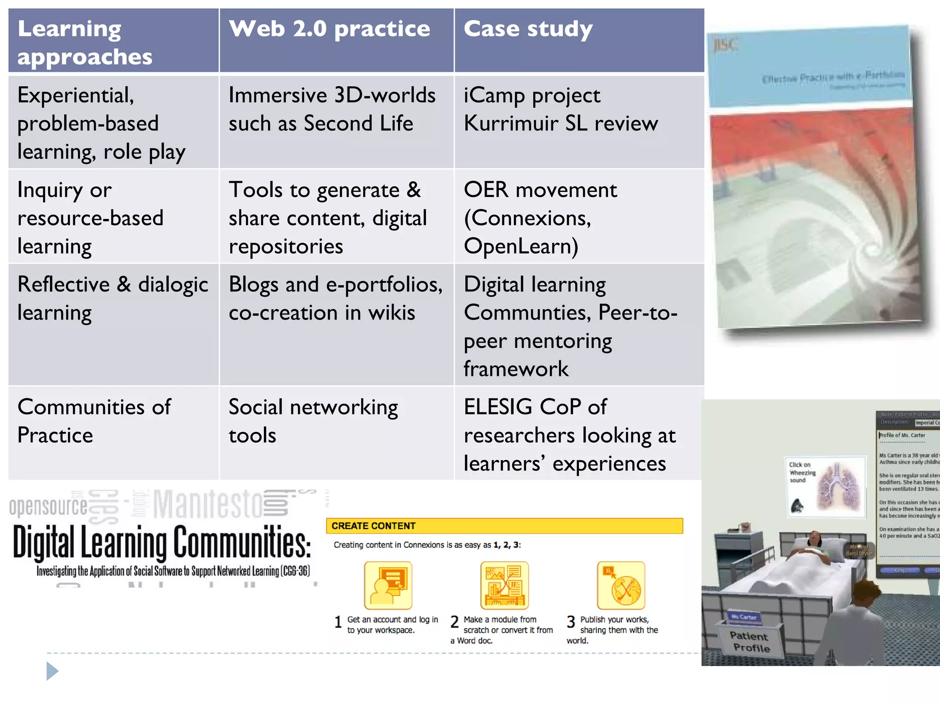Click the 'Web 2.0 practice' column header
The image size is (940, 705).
coord(330,29)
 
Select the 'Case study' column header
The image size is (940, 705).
coord(528,29)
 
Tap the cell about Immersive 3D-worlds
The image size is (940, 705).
coord(332,109)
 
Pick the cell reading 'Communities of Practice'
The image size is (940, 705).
coord(94,421)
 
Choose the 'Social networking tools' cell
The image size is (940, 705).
coord(313,421)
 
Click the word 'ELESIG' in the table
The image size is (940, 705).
coord(498,407)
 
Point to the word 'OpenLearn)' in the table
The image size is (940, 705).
coord(521,246)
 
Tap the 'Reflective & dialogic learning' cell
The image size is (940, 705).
coord(112,298)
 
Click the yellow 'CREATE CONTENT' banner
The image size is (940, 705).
coord(504,526)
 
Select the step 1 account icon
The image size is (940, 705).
coord(388,585)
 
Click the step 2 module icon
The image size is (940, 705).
coord(504,585)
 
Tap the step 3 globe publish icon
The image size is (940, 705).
coord(621,585)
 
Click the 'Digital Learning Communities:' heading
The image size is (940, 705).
coord(162,543)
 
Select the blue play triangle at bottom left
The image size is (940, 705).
coord(52,671)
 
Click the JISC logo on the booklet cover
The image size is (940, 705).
coord(725,45)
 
